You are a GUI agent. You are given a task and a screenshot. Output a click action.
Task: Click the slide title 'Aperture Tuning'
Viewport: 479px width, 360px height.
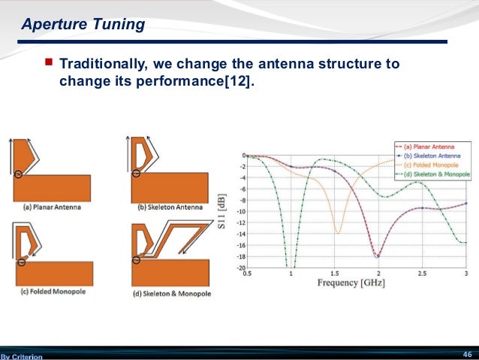[83, 25]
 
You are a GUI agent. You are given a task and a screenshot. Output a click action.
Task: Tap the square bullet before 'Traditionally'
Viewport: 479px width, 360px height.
[49, 64]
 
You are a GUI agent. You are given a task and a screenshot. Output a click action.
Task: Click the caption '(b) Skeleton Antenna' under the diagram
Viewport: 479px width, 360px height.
[170, 207]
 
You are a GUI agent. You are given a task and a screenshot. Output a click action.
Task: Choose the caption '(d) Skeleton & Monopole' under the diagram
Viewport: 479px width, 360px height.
[170, 293]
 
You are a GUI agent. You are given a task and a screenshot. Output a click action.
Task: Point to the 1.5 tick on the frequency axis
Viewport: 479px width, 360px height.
[334, 274]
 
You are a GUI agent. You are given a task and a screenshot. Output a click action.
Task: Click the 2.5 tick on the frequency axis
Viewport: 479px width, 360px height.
[422, 274]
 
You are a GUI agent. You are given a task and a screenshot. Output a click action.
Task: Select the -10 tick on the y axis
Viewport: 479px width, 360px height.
[240, 211]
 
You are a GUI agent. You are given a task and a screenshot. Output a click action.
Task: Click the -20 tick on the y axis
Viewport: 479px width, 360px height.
[240, 268]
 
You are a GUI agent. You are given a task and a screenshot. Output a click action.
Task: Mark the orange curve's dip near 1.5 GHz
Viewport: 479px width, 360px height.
[337, 233]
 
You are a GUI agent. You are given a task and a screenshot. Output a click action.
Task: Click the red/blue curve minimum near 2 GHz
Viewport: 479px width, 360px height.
[378, 256]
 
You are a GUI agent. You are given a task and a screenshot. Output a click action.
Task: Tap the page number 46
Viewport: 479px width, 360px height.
[466, 354]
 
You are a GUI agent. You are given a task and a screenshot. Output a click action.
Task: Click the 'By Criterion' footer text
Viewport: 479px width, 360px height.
[22, 356]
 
